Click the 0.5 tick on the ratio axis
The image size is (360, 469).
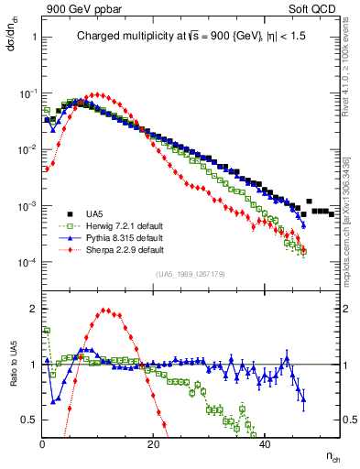pyautogui.click(x=30, y=419)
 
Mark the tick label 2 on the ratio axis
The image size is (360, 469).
pyautogui.click(x=34, y=309)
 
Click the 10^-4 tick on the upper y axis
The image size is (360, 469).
pyautogui.click(x=27, y=263)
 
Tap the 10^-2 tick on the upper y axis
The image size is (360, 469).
pyautogui.click(x=27, y=149)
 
